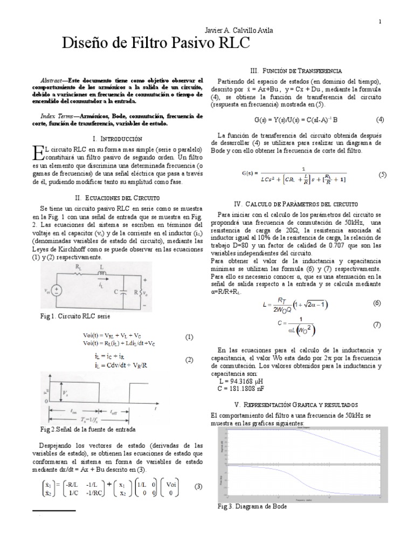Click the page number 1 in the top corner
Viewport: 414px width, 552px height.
pyautogui.click(x=380, y=21)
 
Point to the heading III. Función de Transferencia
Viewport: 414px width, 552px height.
pyautogui.click(x=295, y=71)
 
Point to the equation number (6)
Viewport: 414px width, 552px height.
pyautogui.click(x=377, y=303)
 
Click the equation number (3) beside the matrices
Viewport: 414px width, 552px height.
pyautogui.click(x=198, y=486)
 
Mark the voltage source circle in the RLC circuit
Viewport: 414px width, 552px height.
pyautogui.click(x=58, y=290)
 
